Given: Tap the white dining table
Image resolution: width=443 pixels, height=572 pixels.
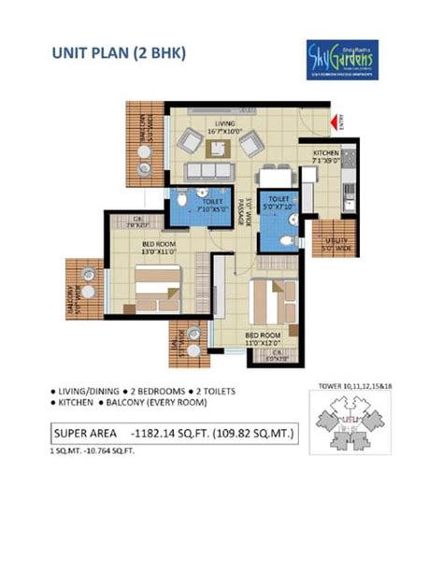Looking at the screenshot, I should (271, 175).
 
